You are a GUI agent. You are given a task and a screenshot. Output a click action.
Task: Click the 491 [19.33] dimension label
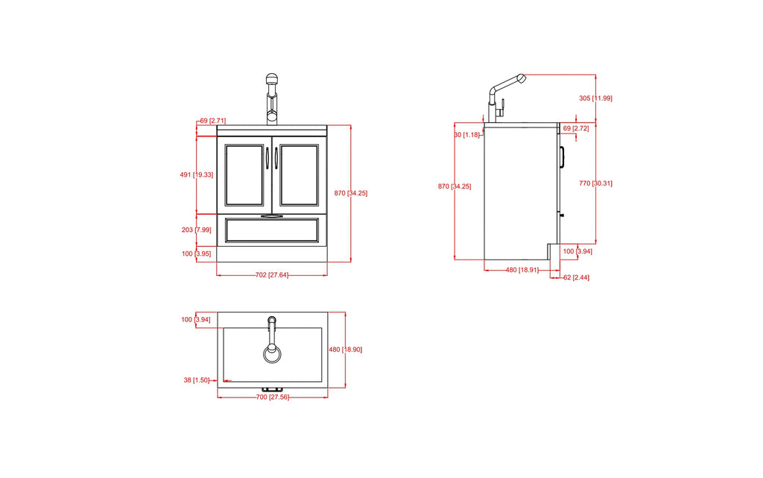tap(197, 174)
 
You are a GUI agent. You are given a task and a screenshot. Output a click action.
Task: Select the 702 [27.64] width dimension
tap(271, 275)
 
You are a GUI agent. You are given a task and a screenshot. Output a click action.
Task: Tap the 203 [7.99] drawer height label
tap(197, 230)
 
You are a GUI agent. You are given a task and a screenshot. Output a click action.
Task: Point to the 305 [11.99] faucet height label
tap(595, 98)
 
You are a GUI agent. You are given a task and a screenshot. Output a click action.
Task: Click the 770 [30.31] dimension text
tap(595, 183)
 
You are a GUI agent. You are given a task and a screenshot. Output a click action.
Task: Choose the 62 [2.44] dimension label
tap(577, 277)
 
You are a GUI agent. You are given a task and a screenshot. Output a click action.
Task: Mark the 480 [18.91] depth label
tap(523, 270)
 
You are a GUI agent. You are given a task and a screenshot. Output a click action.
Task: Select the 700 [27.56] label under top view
tap(271, 397)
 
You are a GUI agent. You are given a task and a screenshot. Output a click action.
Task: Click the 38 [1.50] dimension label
tap(197, 380)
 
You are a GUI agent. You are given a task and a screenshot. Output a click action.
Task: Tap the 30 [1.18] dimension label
tap(467, 135)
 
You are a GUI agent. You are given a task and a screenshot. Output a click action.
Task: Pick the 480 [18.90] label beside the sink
tap(345, 349)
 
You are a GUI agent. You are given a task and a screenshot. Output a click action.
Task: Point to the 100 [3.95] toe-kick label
tap(197, 254)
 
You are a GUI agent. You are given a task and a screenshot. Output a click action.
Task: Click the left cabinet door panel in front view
tap(244, 174)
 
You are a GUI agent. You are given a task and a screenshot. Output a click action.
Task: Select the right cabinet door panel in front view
tap(300, 174)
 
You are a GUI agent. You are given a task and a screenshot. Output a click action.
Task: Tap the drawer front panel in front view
tap(271, 230)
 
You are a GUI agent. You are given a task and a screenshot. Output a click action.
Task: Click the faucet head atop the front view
tap(272, 80)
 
